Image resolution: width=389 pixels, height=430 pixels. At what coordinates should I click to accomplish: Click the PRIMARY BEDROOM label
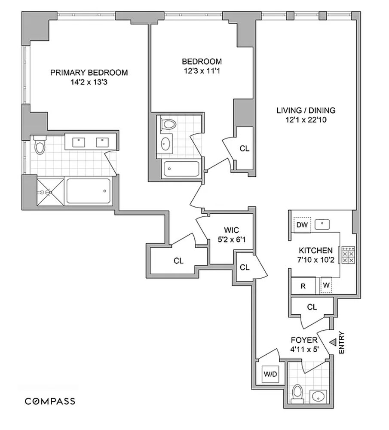89,72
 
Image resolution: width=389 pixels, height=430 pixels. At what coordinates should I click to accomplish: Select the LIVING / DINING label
306,111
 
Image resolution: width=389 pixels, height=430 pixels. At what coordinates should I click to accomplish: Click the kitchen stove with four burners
348,255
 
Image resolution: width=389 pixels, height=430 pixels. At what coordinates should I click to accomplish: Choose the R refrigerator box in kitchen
303,286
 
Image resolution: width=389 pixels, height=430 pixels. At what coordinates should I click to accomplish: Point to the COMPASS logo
50,401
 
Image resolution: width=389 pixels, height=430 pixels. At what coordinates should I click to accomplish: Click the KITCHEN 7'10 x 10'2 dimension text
315,259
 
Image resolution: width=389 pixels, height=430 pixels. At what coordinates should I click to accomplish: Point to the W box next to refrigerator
326,285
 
